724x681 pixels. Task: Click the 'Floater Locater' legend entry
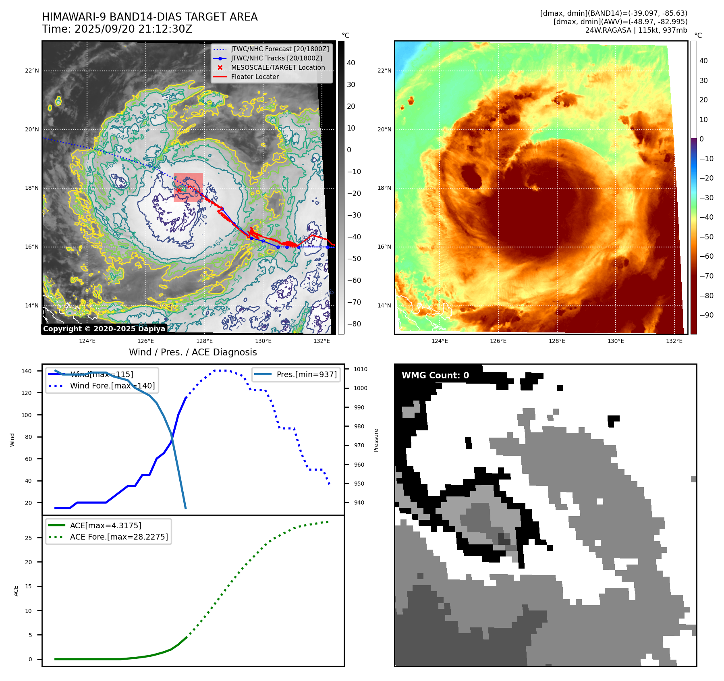[x=255, y=77]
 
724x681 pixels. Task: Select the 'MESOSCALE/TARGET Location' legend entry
[x=278, y=67]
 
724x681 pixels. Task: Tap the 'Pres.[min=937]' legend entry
[x=306, y=374]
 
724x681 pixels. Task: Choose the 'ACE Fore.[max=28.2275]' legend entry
[x=119, y=537]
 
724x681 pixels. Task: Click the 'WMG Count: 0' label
[x=435, y=375]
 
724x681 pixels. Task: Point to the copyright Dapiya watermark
[x=104, y=329]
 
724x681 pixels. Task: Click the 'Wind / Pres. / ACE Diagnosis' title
[x=193, y=352]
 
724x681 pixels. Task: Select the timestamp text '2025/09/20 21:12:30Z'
[x=133, y=29]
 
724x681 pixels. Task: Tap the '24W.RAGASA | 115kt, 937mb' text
[x=636, y=30]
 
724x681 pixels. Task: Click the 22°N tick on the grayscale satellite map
[x=32, y=71]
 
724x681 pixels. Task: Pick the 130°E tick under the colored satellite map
[x=616, y=341]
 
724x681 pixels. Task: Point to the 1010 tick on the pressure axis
[x=361, y=369]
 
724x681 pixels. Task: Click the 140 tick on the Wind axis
[x=27, y=371]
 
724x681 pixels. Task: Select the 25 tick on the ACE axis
[x=28, y=538]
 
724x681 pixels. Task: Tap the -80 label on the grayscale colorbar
[x=354, y=324]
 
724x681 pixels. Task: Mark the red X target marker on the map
[x=178, y=190]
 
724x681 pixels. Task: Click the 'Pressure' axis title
[x=376, y=440]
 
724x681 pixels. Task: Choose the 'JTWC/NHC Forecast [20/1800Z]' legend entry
[x=280, y=49]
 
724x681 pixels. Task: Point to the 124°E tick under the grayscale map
[x=87, y=341]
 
